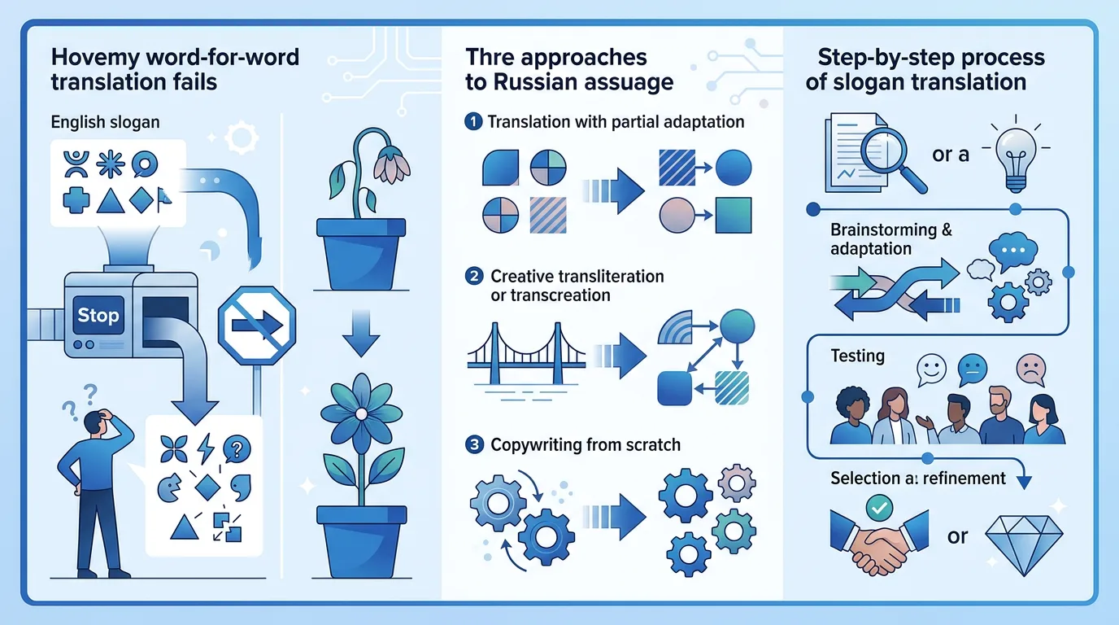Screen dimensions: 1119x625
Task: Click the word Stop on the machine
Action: coord(98,315)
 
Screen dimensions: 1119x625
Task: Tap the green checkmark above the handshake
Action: coord(879,508)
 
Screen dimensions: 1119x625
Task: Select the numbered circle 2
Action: coord(474,276)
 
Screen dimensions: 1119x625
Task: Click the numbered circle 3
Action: coord(474,444)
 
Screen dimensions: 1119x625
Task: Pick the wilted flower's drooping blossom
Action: coord(392,165)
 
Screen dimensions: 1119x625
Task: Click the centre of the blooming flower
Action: coord(362,414)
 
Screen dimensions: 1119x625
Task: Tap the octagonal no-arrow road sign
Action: coord(257,325)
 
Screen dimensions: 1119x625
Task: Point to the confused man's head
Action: coord(95,423)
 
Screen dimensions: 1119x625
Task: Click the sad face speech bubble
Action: coord(1031,369)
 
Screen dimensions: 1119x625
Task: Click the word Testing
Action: coord(857,356)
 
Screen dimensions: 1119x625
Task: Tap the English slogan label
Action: coord(106,122)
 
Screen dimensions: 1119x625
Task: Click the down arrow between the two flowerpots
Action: coord(361,333)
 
